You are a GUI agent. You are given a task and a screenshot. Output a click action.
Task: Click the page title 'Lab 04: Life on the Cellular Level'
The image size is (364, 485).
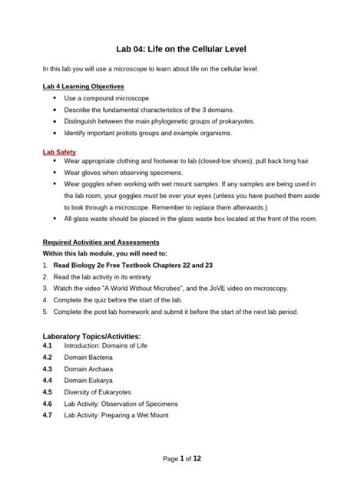point(181,49)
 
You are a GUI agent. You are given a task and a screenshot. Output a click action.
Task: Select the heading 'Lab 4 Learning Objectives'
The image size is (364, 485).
point(83,86)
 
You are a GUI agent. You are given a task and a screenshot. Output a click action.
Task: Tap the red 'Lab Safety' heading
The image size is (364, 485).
point(60,152)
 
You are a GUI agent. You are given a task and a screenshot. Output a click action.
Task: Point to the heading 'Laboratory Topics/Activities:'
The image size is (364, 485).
point(92,336)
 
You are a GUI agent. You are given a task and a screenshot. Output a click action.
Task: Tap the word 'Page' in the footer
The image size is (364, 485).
point(170,458)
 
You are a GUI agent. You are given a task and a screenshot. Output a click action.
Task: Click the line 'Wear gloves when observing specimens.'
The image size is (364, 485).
point(129,173)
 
